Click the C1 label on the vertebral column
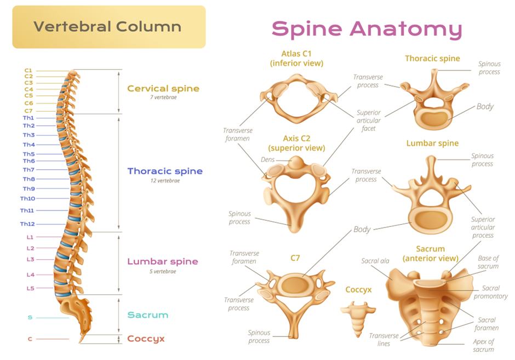(28, 70)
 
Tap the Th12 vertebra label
(27, 224)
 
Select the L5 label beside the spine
(30, 288)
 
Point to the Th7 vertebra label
(28, 170)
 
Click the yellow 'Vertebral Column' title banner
(109, 27)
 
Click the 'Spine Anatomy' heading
(367, 29)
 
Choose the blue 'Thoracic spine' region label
(165, 171)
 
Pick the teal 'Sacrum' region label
(148, 315)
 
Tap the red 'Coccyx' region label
(146, 339)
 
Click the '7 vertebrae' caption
(164, 97)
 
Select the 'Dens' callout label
(268, 159)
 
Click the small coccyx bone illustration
(358, 318)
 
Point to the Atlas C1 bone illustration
(298, 98)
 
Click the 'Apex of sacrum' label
(483, 346)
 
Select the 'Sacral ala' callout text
(375, 261)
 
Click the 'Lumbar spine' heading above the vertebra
(432, 143)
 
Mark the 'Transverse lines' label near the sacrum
(384, 340)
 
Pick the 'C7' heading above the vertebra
(295, 258)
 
